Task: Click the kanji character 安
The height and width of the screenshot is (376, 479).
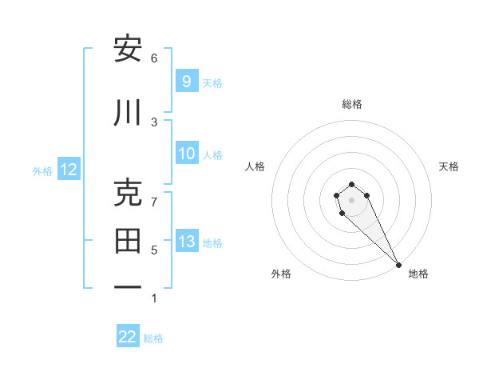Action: tap(128, 49)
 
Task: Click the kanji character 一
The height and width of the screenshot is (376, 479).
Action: tap(128, 286)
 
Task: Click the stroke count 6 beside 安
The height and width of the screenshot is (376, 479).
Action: tap(154, 58)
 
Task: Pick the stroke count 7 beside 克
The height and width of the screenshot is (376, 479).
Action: tap(154, 202)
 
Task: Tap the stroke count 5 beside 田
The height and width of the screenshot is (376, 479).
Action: tap(154, 250)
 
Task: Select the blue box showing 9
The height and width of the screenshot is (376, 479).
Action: tap(186, 82)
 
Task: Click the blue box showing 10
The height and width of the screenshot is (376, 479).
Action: tap(186, 154)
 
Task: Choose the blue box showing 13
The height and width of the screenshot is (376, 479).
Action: tap(186, 242)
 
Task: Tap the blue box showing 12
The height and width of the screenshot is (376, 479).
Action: tap(68, 170)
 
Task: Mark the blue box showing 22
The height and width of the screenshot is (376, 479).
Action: tap(128, 337)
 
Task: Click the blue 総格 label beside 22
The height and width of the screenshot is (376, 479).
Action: tap(154, 338)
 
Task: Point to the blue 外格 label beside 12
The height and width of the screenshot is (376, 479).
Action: tap(42, 170)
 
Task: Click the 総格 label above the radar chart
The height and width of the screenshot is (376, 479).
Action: tap(351, 104)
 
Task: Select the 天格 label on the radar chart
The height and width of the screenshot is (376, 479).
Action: tap(449, 166)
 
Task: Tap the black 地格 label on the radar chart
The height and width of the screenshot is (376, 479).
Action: tap(418, 274)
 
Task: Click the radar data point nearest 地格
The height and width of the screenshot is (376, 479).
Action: tap(398, 265)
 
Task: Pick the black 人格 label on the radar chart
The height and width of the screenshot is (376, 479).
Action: tap(255, 166)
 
